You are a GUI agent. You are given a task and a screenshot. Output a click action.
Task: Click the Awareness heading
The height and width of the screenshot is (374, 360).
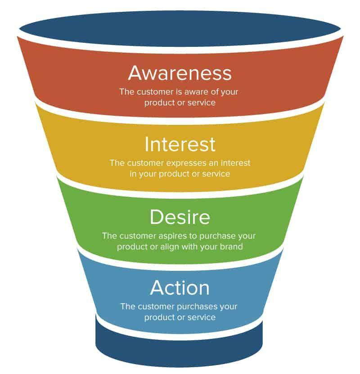click(180, 73)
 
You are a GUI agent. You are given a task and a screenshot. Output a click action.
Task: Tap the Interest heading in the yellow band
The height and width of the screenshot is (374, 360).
click(180, 144)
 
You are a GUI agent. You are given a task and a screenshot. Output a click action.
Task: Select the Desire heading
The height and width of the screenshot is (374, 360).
click(180, 217)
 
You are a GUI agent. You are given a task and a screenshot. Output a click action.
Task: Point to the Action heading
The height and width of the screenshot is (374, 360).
click(180, 287)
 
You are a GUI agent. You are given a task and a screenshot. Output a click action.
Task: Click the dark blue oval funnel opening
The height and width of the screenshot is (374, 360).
click(180, 28)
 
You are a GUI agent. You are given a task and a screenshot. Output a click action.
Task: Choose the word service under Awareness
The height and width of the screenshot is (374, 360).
click(200, 102)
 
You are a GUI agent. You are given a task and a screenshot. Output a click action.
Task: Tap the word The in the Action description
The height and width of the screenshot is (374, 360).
click(127, 306)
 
